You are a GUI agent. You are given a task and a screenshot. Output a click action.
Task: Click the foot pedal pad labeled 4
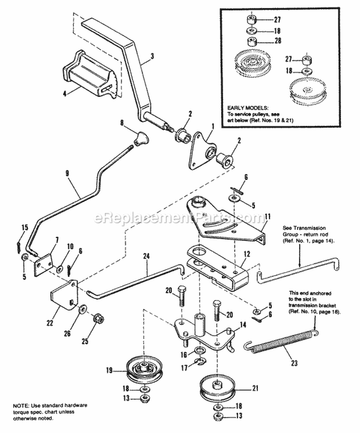tap(89, 75)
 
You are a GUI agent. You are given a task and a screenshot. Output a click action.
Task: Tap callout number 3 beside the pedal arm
tap(152, 56)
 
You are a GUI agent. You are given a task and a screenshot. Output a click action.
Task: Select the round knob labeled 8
tap(140, 140)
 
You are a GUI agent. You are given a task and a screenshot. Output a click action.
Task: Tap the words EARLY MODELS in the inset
tap(245, 108)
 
